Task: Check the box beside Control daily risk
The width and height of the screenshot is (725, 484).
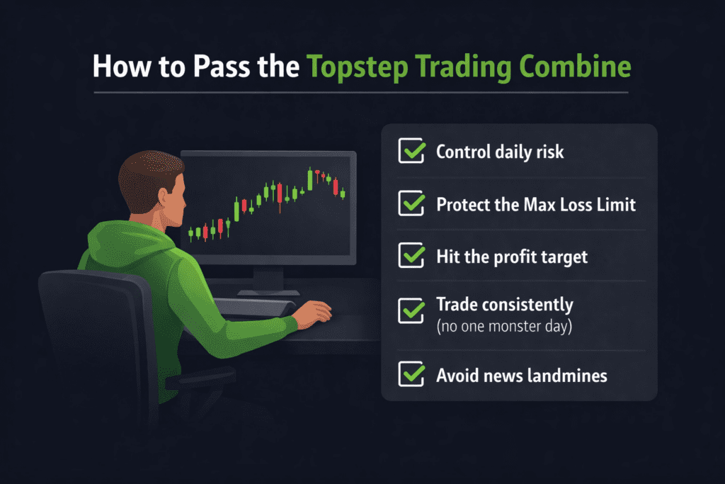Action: (x=411, y=151)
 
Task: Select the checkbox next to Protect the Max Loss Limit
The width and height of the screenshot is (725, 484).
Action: (x=411, y=203)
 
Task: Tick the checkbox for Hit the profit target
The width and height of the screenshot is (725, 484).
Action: (x=411, y=256)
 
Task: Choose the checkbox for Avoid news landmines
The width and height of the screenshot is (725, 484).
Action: (x=411, y=375)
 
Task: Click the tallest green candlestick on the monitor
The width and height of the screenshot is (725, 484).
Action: (x=310, y=179)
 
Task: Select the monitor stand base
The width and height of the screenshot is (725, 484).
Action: (x=268, y=291)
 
